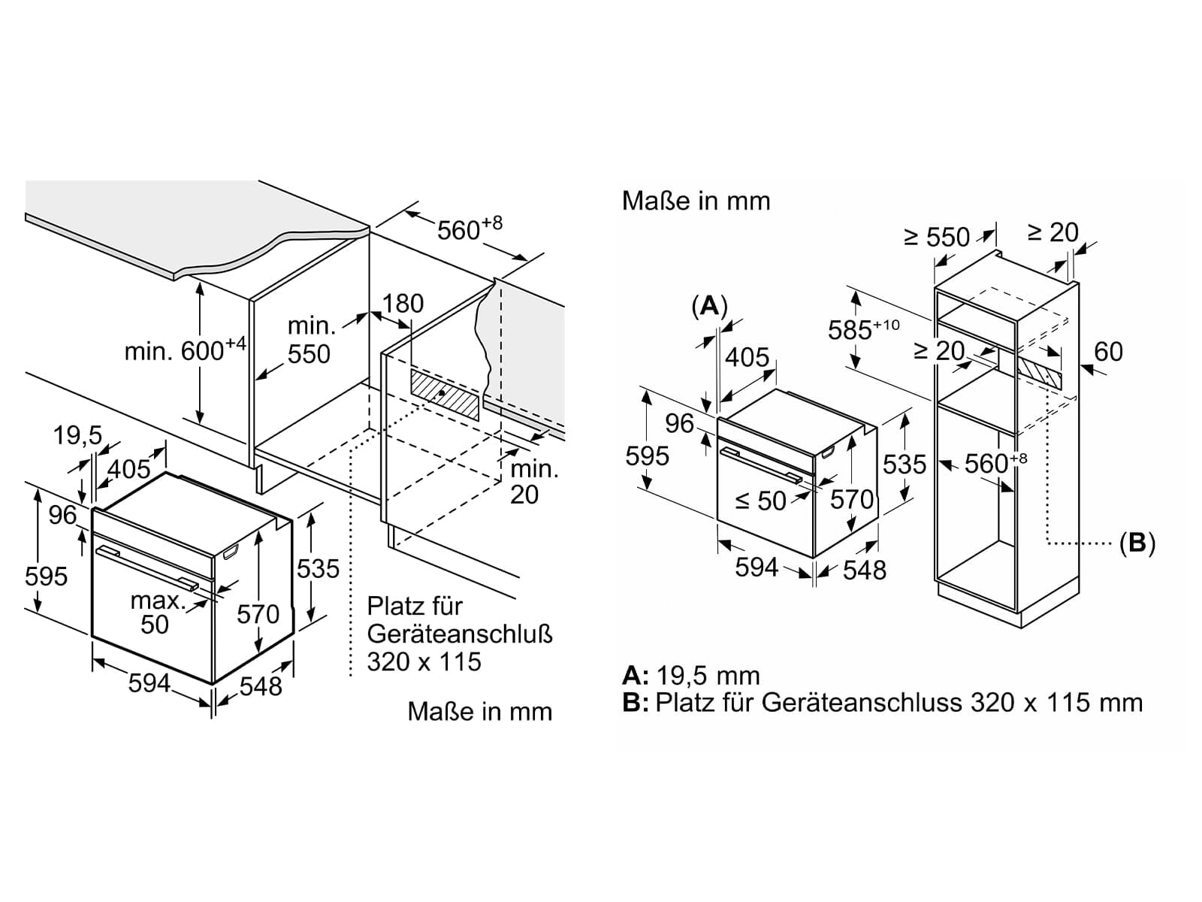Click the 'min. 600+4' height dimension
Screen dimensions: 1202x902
[x=186, y=350]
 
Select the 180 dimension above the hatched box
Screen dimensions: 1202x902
[x=403, y=304]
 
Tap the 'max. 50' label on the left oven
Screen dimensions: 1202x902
[x=157, y=613]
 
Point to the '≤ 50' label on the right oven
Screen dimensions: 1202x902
[x=760, y=500]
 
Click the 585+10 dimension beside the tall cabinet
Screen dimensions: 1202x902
[x=864, y=329]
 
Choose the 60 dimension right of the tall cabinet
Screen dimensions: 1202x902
[x=1108, y=351]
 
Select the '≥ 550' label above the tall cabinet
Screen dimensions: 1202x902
[x=937, y=237]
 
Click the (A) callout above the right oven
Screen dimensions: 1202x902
[x=710, y=306]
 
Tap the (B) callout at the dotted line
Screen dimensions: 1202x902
[x=1137, y=543]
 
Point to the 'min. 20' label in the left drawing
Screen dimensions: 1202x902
[x=533, y=481]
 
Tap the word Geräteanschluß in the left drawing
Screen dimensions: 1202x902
[x=460, y=634]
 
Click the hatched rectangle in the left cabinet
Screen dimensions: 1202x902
[x=444, y=394]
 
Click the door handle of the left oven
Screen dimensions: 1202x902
[x=147, y=568]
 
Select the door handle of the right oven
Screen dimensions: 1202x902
[x=762, y=466]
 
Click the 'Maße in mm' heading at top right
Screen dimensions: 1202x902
[x=696, y=201]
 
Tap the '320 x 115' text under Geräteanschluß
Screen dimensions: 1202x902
[x=424, y=661]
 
